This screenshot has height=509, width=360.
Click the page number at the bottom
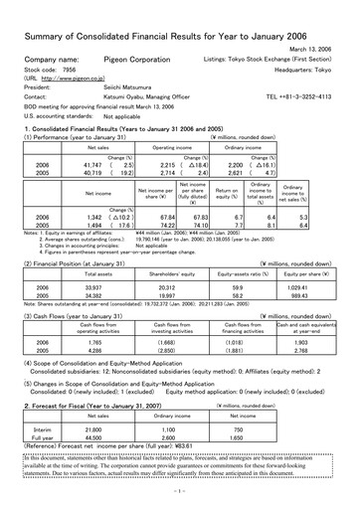[x=180, y=490]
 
